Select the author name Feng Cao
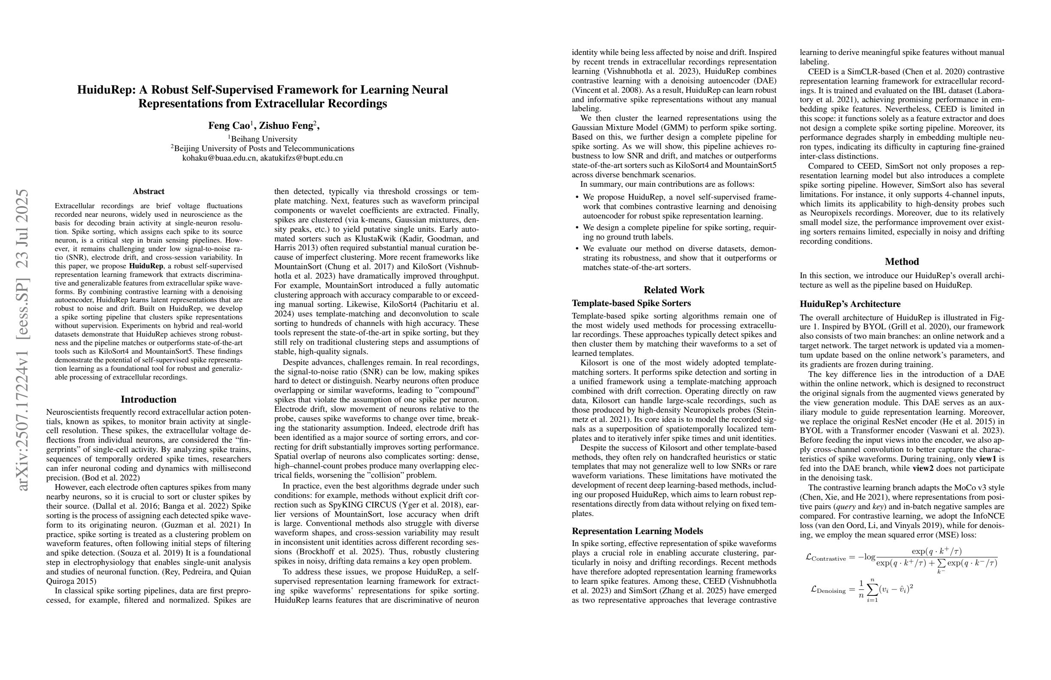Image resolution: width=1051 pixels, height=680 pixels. (x=229, y=125)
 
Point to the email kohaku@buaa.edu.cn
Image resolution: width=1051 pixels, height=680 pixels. (x=219, y=158)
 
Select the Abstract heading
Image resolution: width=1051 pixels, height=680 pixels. (x=149, y=191)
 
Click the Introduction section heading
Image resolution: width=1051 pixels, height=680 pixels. (x=149, y=399)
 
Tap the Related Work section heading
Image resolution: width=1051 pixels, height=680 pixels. (x=674, y=290)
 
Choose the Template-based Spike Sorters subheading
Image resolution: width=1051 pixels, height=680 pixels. (x=631, y=303)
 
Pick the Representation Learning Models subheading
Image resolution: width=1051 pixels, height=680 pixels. (x=637, y=531)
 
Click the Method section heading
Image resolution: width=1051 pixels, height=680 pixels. (x=902, y=261)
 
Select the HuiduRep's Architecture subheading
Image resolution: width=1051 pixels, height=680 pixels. (x=850, y=304)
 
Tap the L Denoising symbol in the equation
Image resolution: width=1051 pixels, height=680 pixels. (x=828, y=589)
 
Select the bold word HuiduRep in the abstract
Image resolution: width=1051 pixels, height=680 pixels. (x=146, y=266)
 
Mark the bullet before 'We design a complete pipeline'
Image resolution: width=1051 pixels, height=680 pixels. (x=577, y=228)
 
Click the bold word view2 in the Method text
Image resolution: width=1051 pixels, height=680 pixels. (x=923, y=468)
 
